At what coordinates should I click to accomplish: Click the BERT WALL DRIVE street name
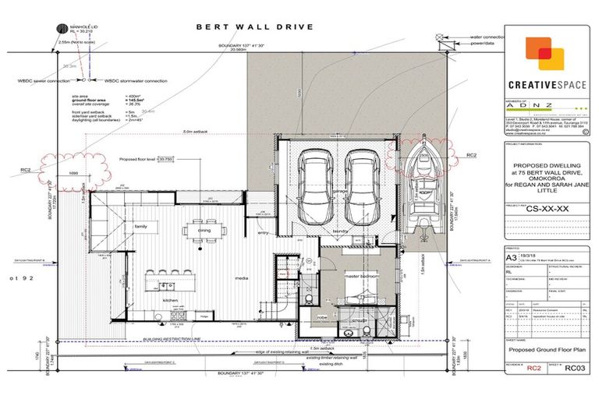254,26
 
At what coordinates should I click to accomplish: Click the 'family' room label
142,226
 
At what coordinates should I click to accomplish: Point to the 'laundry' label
339,231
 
